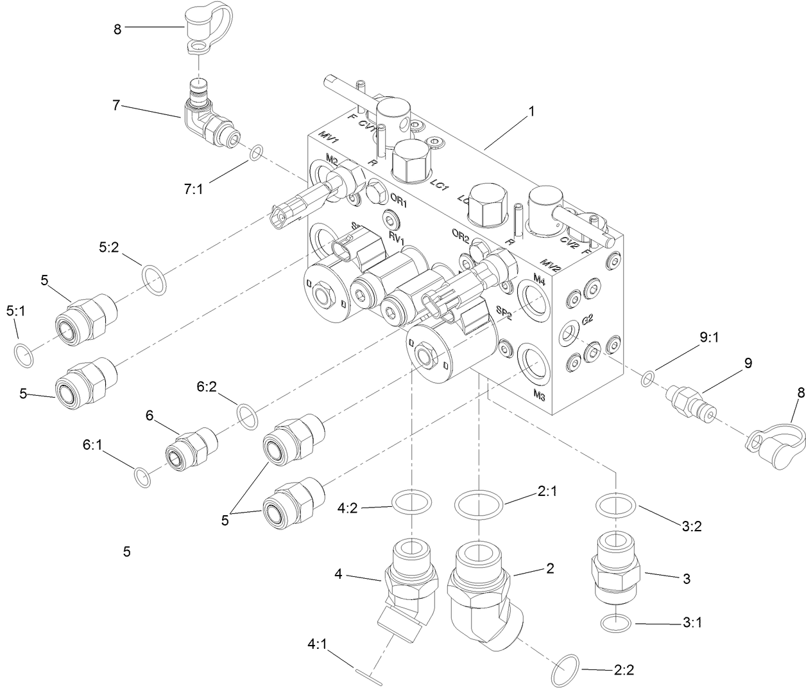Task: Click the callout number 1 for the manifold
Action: click(x=531, y=111)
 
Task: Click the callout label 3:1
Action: click(x=690, y=622)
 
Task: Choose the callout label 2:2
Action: click(x=624, y=670)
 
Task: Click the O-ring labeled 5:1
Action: click(x=23, y=355)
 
